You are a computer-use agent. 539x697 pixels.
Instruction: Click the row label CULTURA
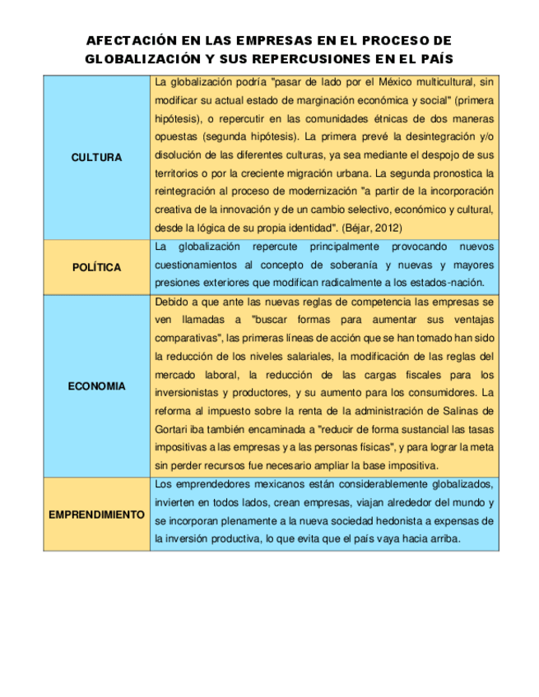click(96, 157)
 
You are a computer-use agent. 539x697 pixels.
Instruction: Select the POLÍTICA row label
click(96, 267)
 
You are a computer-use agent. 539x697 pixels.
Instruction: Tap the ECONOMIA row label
click(96, 386)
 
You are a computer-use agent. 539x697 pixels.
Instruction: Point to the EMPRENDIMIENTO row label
click(96, 515)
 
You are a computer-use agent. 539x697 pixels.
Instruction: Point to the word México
click(391, 82)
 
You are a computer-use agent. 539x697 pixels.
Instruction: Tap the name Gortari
click(172, 428)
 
